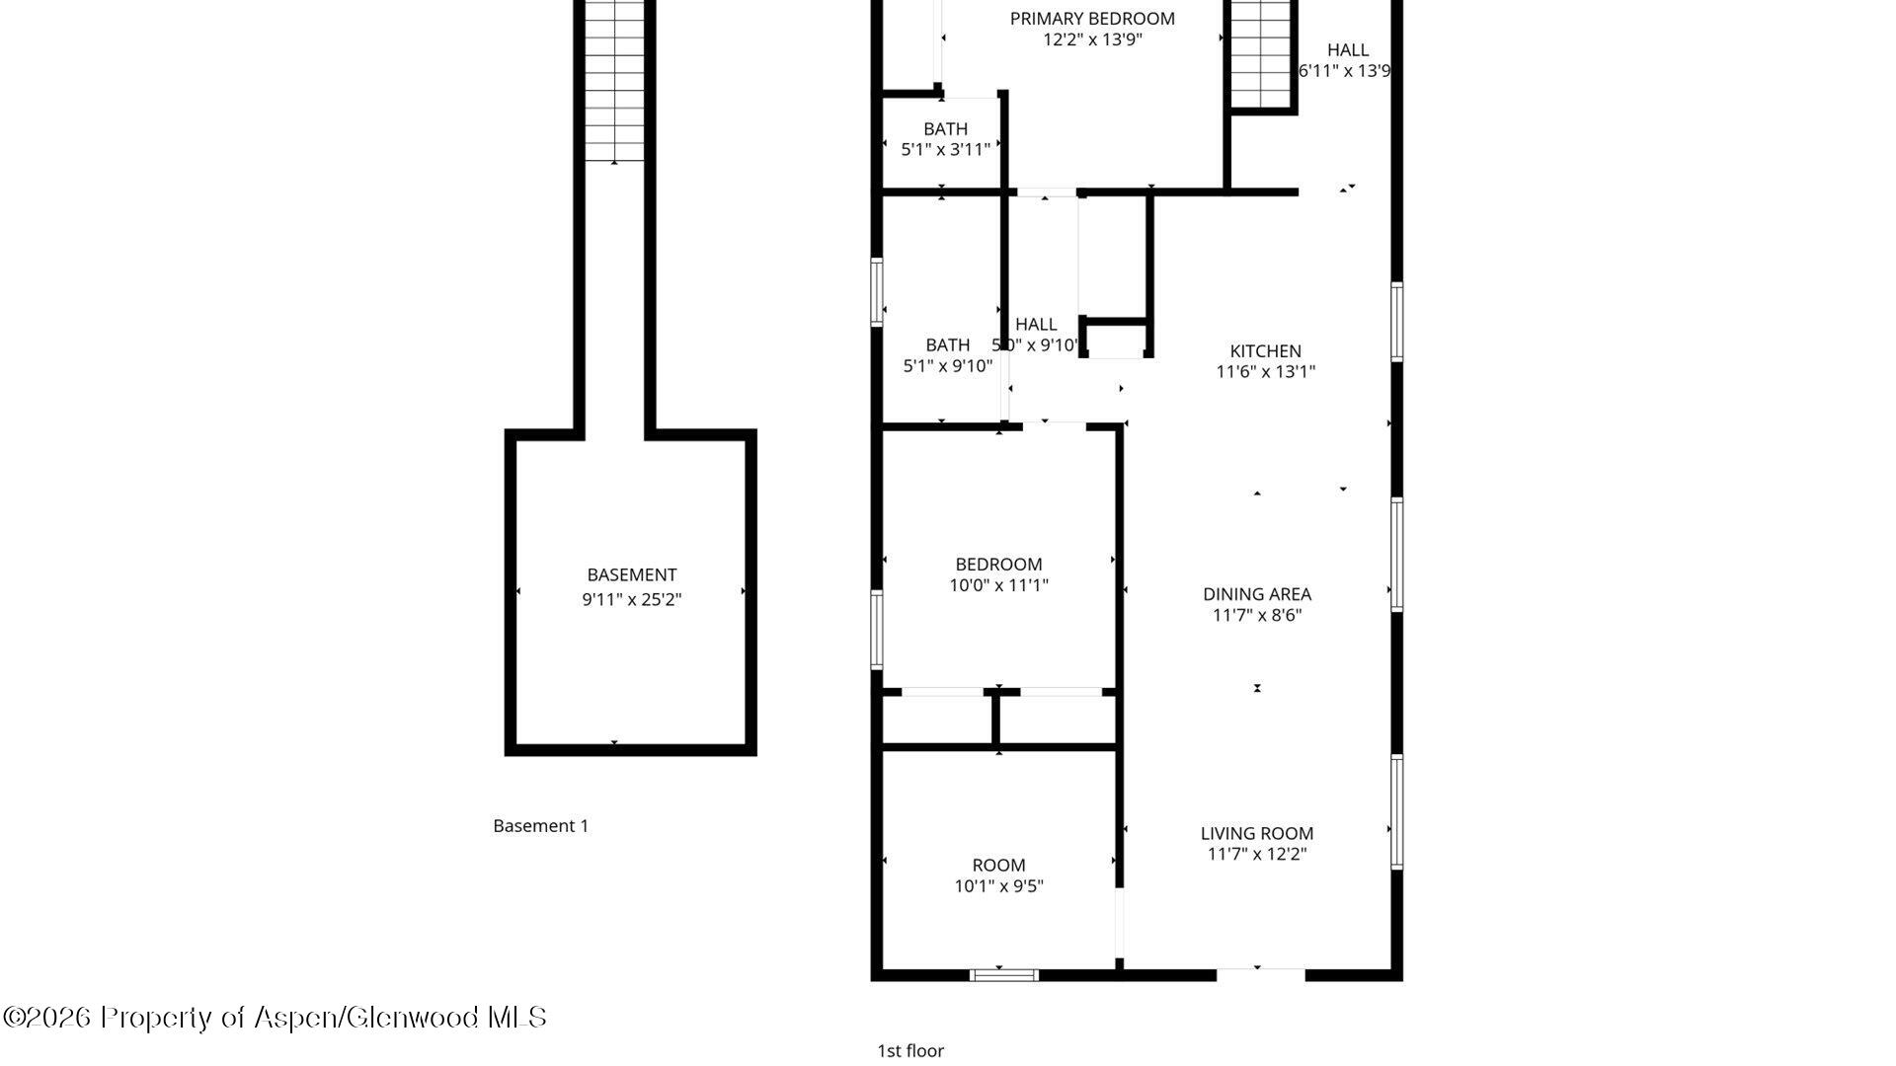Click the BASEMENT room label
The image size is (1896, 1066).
(631, 574)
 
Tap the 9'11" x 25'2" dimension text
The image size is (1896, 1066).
(631, 599)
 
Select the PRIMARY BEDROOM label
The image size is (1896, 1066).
(1092, 18)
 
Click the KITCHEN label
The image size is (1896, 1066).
(1265, 350)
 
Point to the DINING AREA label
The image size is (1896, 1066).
(1256, 593)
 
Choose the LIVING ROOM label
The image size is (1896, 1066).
(1256, 833)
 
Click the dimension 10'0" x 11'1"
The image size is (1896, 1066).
(998, 585)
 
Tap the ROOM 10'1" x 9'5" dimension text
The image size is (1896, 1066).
(998, 886)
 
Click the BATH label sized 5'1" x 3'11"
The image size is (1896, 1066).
(945, 128)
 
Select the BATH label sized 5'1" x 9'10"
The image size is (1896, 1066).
(947, 344)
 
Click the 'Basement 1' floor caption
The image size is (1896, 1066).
(540, 826)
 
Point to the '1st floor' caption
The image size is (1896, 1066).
(909, 1051)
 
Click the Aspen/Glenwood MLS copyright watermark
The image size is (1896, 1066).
(275, 1018)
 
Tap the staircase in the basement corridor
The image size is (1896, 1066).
(614, 79)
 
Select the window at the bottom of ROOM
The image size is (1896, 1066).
(1003, 975)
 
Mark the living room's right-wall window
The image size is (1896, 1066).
(1396, 811)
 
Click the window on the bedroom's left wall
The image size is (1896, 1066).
(876, 629)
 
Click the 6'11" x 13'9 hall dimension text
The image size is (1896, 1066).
(1344, 71)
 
